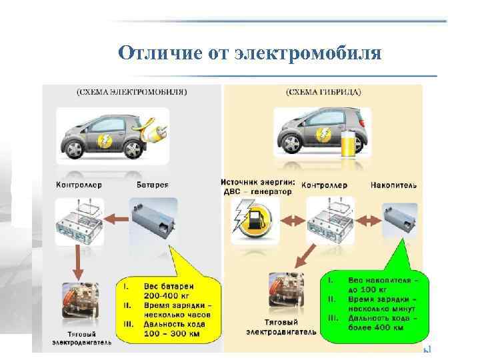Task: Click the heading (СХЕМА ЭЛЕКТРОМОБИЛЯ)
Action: point(131,91)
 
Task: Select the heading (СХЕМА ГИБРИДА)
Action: point(325,91)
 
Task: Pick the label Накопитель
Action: point(393,185)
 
